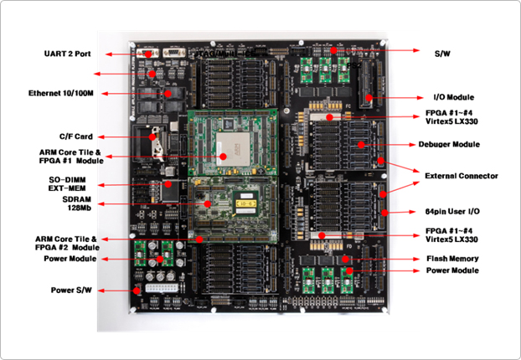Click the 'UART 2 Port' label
click(67, 54)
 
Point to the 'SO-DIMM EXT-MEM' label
click(69, 184)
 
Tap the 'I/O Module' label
click(452, 99)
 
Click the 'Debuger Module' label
click(448, 145)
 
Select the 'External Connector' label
click(461, 176)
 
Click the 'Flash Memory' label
click(451, 259)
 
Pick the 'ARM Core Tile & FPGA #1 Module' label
click(70, 157)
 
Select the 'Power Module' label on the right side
click(452, 270)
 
